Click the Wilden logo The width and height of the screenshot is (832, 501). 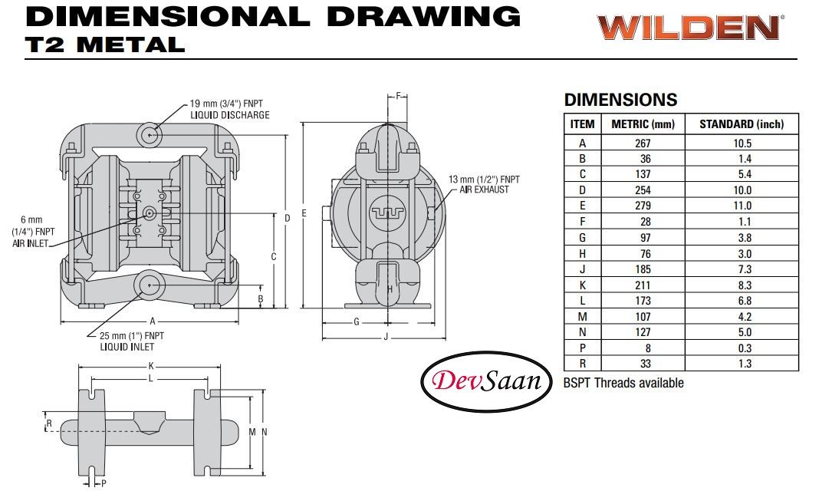(x=689, y=28)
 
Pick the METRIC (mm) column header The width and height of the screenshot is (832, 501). (x=643, y=124)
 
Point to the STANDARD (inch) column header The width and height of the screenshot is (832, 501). (x=742, y=124)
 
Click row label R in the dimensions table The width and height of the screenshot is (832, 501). (x=582, y=364)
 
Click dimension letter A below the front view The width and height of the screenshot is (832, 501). (x=152, y=321)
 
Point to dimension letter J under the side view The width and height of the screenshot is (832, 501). (x=384, y=337)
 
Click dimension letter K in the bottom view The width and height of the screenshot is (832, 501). (x=151, y=366)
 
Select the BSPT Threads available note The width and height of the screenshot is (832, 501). (x=623, y=382)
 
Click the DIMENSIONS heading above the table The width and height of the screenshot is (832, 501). (x=620, y=100)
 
